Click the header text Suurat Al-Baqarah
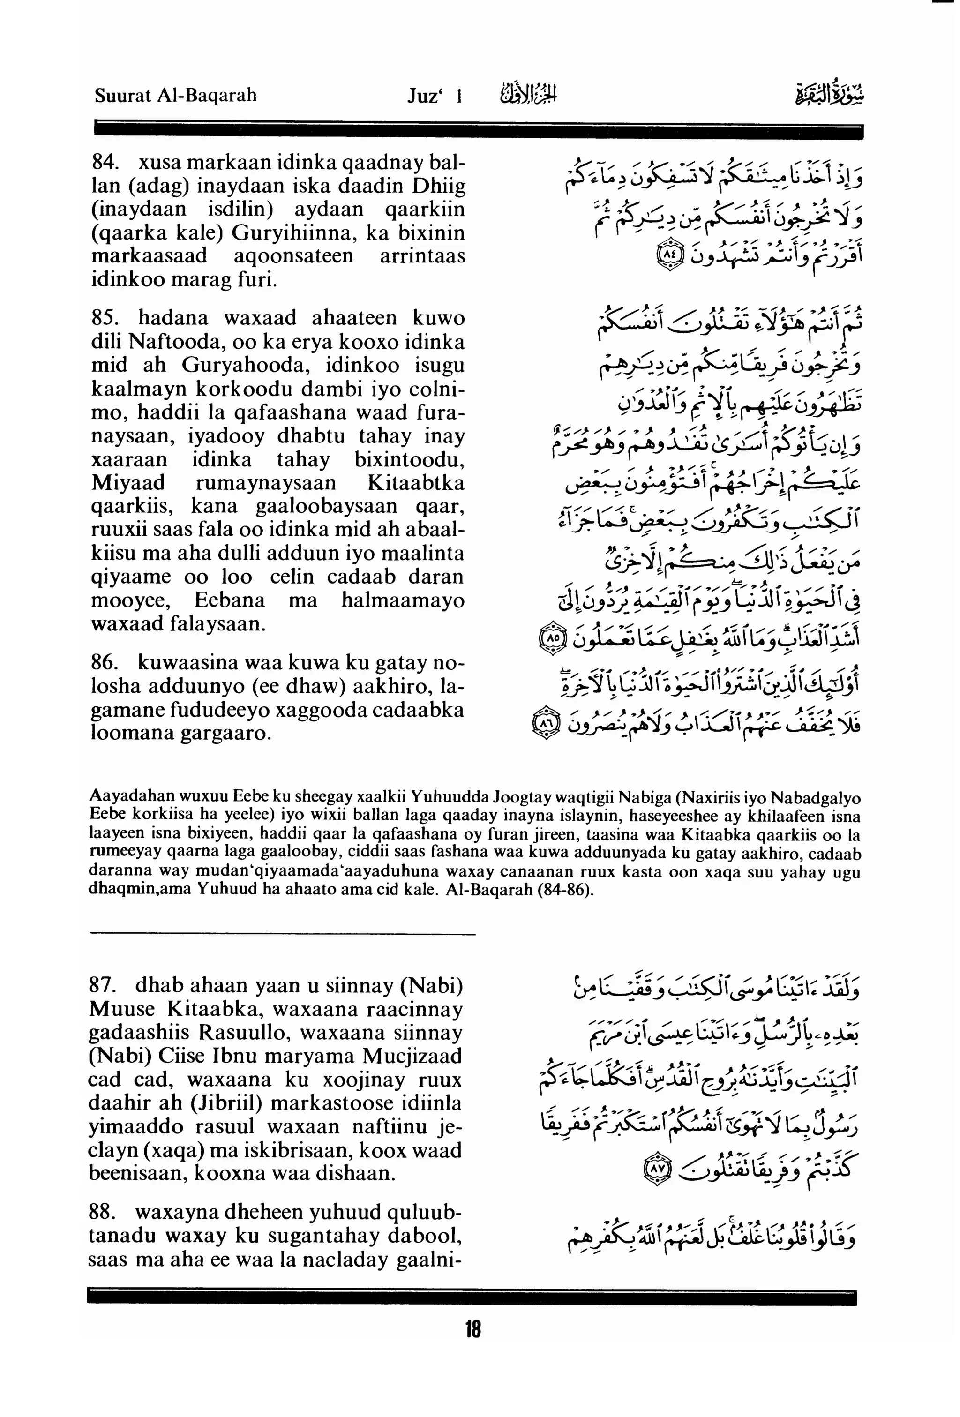(x=176, y=96)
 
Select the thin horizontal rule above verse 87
(x=282, y=933)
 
